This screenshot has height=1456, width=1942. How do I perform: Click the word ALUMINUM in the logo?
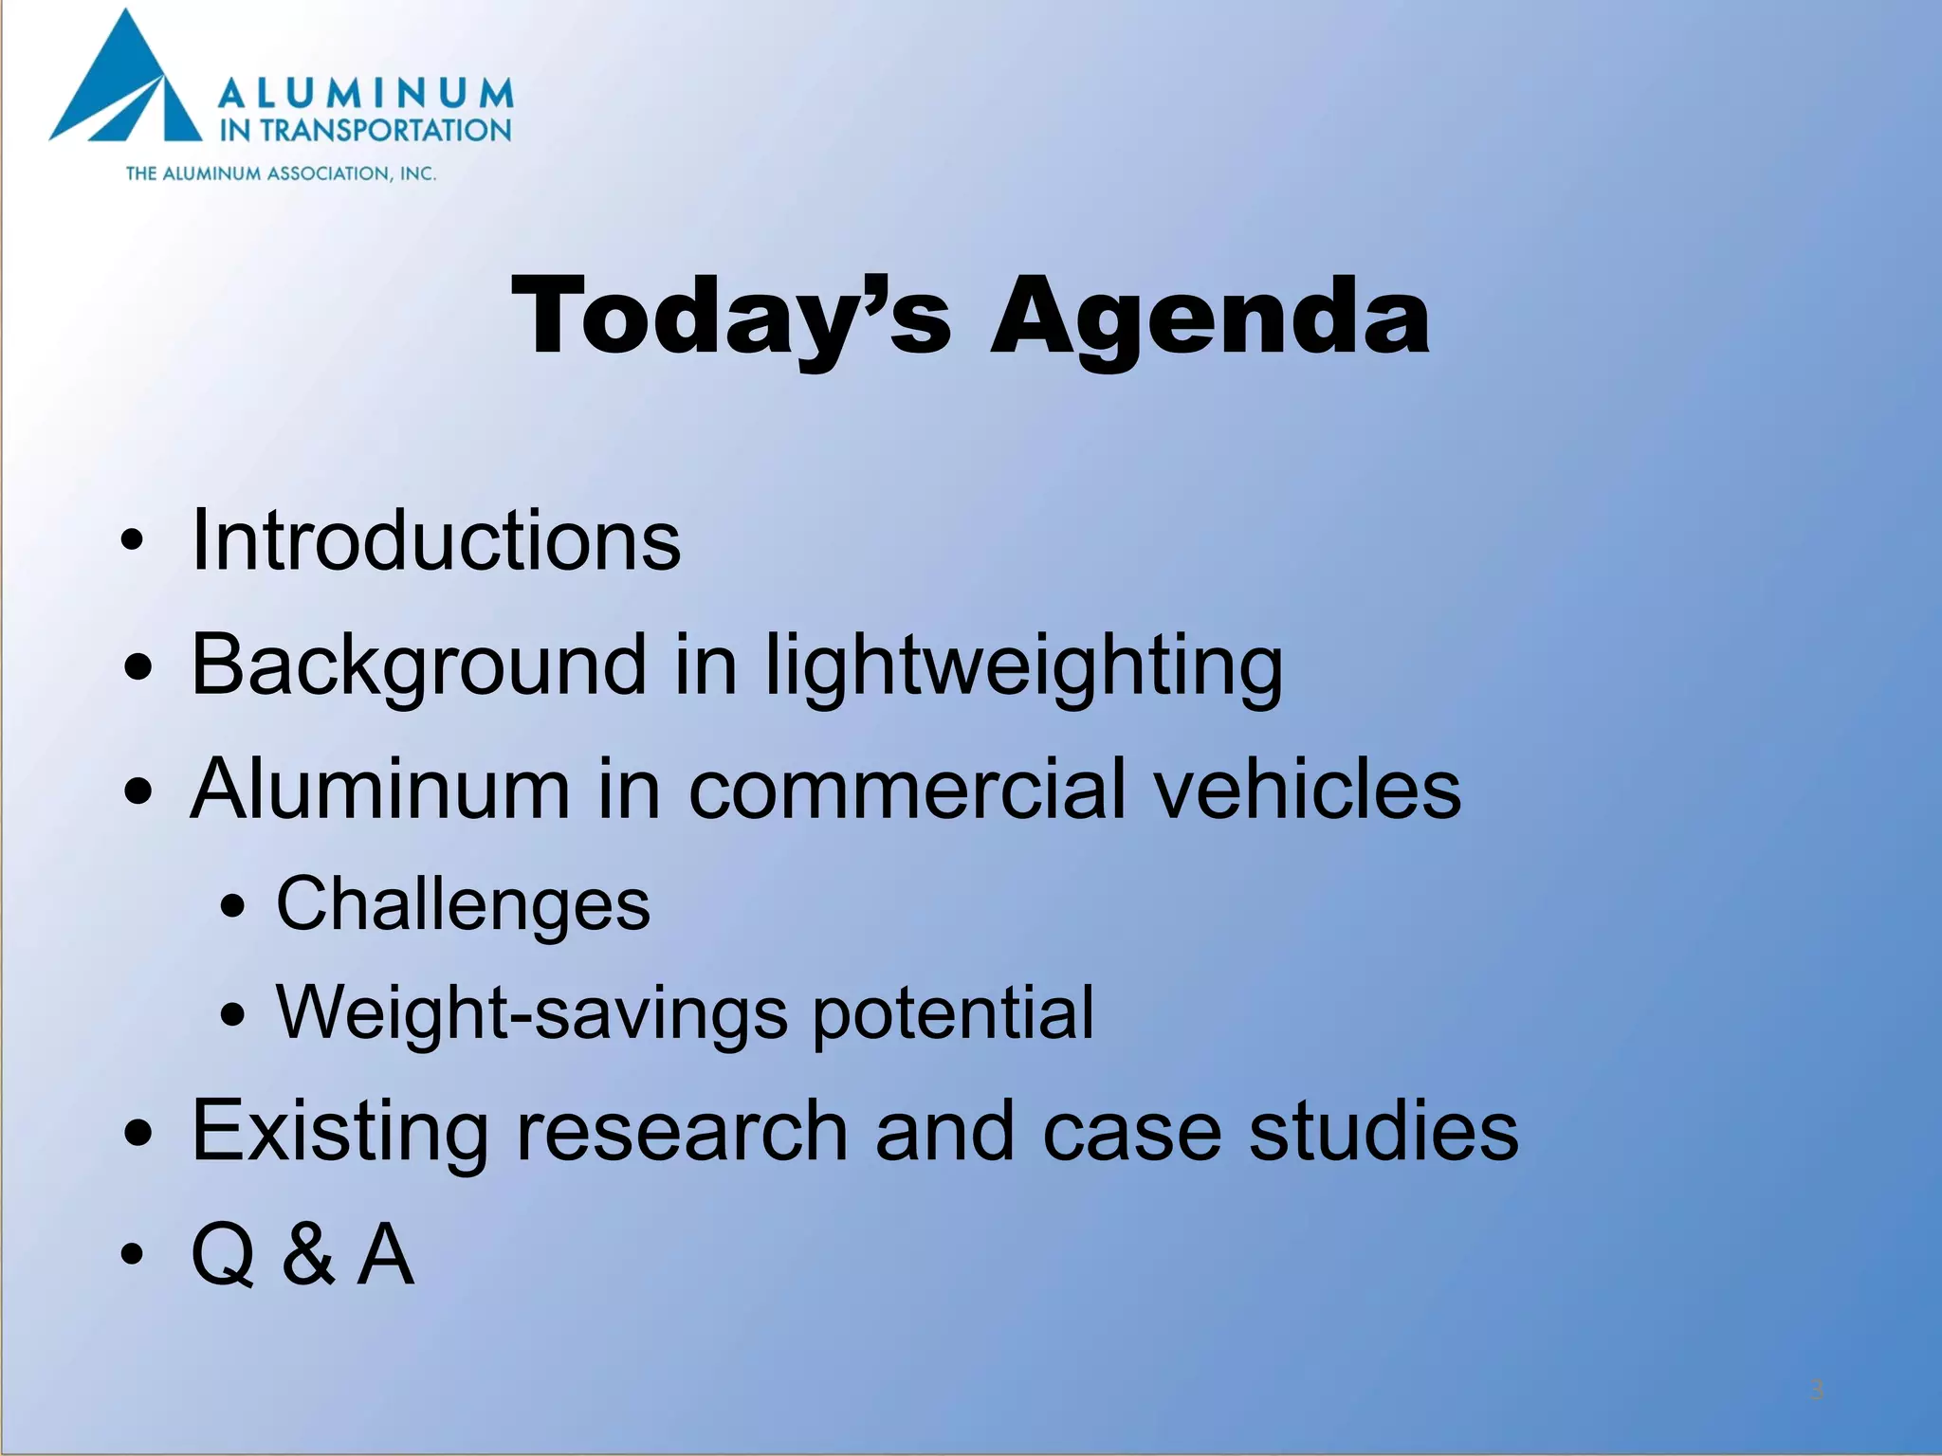(x=366, y=94)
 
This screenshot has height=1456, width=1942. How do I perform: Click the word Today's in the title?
(x=730, y=318)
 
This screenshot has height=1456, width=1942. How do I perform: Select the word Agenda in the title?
(x=1209, y=318)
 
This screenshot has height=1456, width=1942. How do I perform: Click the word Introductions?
(x=435, y=540)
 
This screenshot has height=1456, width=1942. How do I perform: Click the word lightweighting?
(x=1023, y=665)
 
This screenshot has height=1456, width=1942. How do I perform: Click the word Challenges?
(x=463, y=904)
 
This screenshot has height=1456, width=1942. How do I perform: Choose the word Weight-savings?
(x=532, y=1013)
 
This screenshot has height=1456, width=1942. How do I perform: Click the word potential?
(x=953, y=1013)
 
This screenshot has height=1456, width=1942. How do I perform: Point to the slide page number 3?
(x=1817, y=1391)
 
